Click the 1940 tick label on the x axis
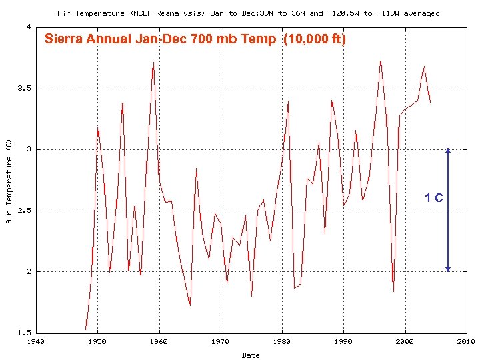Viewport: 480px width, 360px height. pyautogui.click(x=36, y=341)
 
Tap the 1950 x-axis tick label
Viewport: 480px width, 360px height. pyautogui.click(x=97, y=341)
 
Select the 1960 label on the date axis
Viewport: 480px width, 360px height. pyautogui.click(x=159, y=341)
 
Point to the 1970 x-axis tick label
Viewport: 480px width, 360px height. pyautogui.click(x=220, y=341)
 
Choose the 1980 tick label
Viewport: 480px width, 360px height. pyautogui.click(x=282, y=341)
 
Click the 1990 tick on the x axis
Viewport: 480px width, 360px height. pyautogui.click(x=343, y=341)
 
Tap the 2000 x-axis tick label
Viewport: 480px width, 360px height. pyautogui.click(x=405, y=341)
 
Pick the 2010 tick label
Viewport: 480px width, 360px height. pyautogui.click(x=465, y=341)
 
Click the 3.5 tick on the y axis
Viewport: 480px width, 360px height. pyautogui.click(x=23, y=88)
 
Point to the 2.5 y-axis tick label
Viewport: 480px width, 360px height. pyautogui.click(x=23, y=211)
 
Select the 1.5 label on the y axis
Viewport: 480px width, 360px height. pyautogui.click(x=23, y=333)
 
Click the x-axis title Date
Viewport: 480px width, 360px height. pyautogui.click(x=251, y=355)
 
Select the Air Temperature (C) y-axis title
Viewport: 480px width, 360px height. pyautogui.click(x=9, y=181)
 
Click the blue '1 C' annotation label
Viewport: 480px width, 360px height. pyautogui.click(x=434, y=198)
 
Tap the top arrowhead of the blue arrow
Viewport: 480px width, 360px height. pyautogui.click(x=448, y=151)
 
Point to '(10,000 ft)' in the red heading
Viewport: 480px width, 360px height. pyautogui.click(x=315, y=39)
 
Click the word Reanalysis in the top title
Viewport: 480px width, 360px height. pyautogui.click(x=177, y=13)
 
